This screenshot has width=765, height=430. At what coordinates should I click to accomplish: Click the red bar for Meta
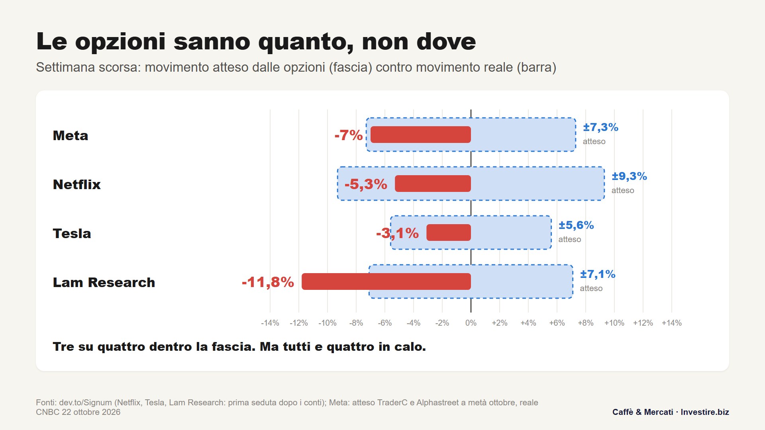click(421, 135)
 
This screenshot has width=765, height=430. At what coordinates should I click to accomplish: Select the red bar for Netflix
click(433, 184)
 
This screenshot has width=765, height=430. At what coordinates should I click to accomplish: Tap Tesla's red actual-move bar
click(449, 233)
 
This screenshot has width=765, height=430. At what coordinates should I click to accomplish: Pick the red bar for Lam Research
click(386, 281)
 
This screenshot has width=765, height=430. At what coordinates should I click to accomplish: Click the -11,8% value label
click(268, 282)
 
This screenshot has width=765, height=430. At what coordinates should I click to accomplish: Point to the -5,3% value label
click(366, 184)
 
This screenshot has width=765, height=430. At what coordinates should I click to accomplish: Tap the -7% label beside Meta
click(349, 135)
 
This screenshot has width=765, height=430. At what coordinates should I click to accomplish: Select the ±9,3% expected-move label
click(630, 176)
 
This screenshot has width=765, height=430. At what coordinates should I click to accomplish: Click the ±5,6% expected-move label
click(576, 225)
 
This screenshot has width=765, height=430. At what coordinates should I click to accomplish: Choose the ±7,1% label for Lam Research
click(598, 274)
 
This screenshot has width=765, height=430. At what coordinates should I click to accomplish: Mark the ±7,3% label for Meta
click(600, 127)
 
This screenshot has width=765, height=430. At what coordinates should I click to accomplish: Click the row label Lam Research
click(104, 282)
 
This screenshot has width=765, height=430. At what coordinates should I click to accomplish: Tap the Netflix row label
click(77, 184)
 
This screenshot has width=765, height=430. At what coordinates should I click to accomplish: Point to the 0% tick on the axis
click(471, 323)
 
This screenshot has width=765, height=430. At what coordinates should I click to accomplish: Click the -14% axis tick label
click(270, 323)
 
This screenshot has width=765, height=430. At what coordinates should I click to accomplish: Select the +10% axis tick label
click(614, 323)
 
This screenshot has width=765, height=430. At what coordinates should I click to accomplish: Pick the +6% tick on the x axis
click(557, 323)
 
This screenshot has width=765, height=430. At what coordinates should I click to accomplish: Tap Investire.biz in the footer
click(705, 412)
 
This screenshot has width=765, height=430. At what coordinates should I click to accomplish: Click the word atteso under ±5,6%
click(570, 239)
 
